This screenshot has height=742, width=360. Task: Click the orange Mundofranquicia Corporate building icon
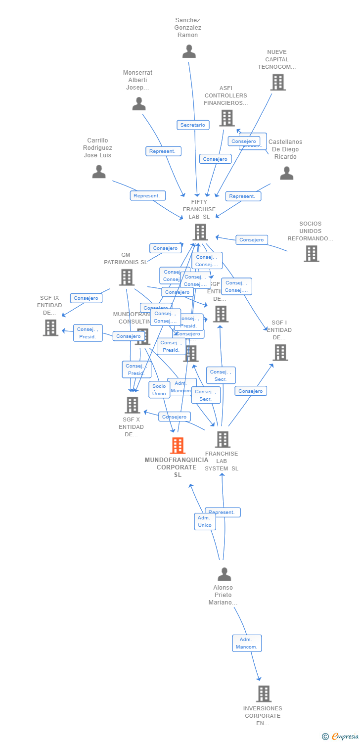[x=178, y=445]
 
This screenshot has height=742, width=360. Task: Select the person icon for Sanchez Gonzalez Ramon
[x=189, y=51]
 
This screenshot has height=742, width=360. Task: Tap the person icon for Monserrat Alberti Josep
[x=139, y=104]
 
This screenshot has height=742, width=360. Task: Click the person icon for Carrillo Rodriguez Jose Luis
[x=99, y=172]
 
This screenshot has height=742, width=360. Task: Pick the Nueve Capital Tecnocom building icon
[x=278, y=82]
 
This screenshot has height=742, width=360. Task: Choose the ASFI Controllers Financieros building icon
[x=227, y=118]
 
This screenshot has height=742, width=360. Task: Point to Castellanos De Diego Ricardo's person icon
[x=287, y=173]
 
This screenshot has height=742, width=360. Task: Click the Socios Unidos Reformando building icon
[x=311, y=253]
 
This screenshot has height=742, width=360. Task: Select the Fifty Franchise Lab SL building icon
[x=200, y=232]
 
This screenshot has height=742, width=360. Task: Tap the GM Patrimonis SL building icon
[x=127, y=277]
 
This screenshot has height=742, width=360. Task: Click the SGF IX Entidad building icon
[x=50, y=327]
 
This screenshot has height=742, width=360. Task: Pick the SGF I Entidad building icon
[x=280, y=352]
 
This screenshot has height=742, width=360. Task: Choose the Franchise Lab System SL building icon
[x=223, y=439]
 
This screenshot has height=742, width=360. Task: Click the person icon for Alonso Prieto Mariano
[x=225, y=574]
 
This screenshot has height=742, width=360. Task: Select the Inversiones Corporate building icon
[x=264, y=694]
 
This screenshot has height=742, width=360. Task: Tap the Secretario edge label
[x=193, y=125]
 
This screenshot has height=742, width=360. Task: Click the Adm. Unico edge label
[x=205, y=521]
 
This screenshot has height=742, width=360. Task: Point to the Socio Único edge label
[x=159, y=390]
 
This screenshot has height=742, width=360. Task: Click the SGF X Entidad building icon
[x=132, y=405]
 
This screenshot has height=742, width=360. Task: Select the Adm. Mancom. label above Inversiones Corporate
[x=247, y=643]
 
